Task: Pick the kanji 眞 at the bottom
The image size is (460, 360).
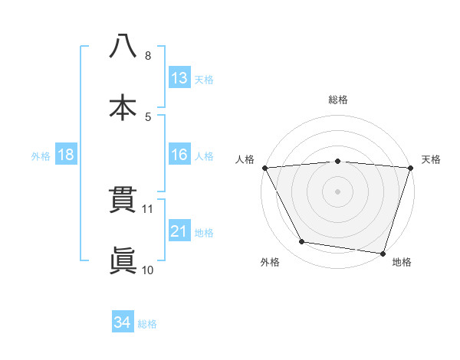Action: pyautogui.click(x=123, y=261)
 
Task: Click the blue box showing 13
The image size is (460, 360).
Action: pyautogui.click(x=179, y=78)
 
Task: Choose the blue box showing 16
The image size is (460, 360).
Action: pyautogui.click(x=179, y=155)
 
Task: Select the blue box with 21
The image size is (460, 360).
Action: pyautogui.click(x=179, y=231)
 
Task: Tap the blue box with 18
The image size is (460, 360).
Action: pyautogui.click(x=66, y=155)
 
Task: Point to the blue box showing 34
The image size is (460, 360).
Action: pyautogui.click(x=122, y=322)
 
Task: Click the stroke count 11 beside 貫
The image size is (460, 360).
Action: pyautogui.click(x=149, y=208)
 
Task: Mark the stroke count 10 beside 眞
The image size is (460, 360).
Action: pyautogui.click(x=148, y=270)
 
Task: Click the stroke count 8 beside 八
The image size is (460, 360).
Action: pyautogui.click(x=148, y=56)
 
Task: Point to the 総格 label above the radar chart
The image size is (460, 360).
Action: pyautogui.click(x=338, y=100)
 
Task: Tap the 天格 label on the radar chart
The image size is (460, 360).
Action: pyautogui.click(x=432, y=159)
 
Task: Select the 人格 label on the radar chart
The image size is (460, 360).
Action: pyautogui.click(x=245, y=159)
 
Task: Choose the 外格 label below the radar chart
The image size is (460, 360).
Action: pyautogui.click(x=270, y=262)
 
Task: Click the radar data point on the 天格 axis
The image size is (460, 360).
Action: pyautogui.click(x=409, y=168)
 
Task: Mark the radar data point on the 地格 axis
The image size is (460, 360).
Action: pyautogui.click(x=383, y=253)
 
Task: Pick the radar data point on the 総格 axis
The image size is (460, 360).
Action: pyautogui.click(x=338, y=161)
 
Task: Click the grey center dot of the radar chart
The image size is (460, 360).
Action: pyautogui.click(x=338, y=191)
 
